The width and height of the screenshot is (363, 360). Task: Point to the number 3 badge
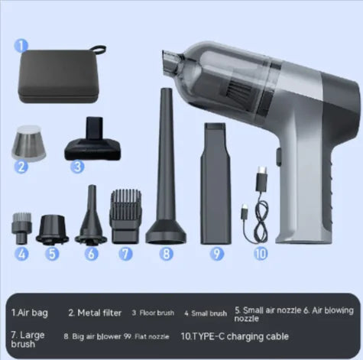(77, 165)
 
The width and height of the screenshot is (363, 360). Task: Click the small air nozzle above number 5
(53, 225)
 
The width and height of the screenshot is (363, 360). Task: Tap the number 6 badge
(92, 254)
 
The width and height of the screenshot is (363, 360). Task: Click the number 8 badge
(164, 254)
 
